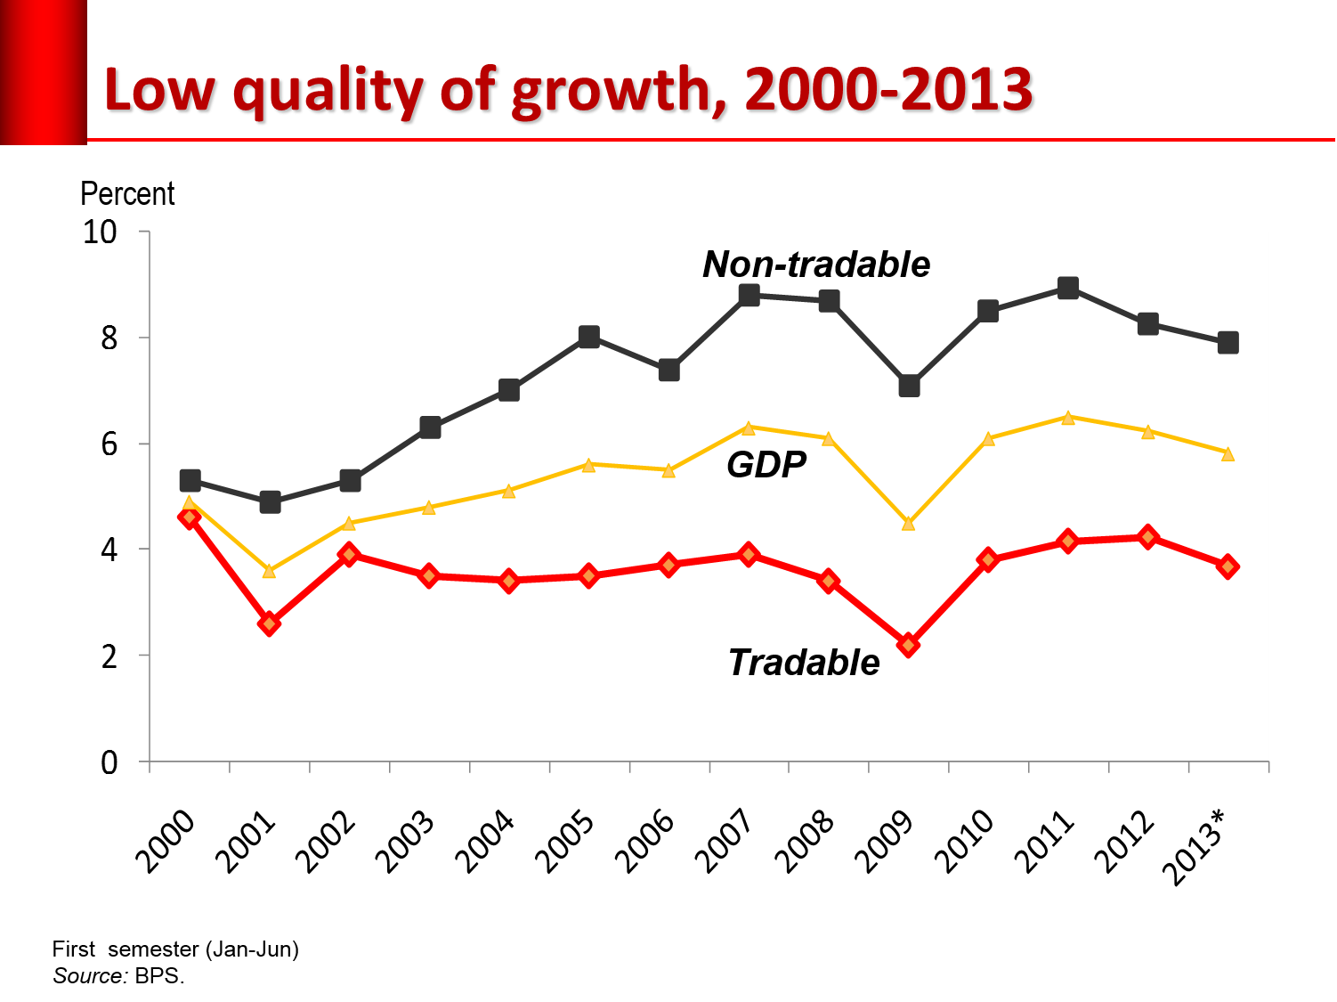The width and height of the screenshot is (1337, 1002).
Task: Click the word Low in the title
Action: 161,90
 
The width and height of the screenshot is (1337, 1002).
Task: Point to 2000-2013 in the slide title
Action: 889,90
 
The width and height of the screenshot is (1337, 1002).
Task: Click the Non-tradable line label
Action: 816,265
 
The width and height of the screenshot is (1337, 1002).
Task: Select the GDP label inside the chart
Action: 766,465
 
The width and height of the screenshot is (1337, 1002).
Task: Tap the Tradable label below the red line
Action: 804,663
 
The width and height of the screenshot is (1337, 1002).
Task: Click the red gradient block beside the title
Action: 43,71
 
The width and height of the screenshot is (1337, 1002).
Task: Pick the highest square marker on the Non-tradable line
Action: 1068,288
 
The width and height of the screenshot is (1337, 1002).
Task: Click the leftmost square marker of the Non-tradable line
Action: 190,481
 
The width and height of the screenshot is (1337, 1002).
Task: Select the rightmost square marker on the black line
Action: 1228,343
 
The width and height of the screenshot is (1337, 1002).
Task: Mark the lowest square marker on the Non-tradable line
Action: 270,502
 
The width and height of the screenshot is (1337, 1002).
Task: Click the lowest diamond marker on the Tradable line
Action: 908,645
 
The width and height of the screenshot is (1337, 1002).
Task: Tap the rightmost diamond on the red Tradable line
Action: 1228,566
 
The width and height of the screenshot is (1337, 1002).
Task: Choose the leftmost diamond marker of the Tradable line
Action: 190,517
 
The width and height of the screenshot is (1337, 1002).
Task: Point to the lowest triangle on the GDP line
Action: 269,571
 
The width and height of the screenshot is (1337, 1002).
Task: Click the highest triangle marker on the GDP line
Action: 1068,417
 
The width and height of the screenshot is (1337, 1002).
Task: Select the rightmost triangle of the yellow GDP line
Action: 1228,454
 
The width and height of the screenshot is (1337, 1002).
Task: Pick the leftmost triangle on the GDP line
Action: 189,503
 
